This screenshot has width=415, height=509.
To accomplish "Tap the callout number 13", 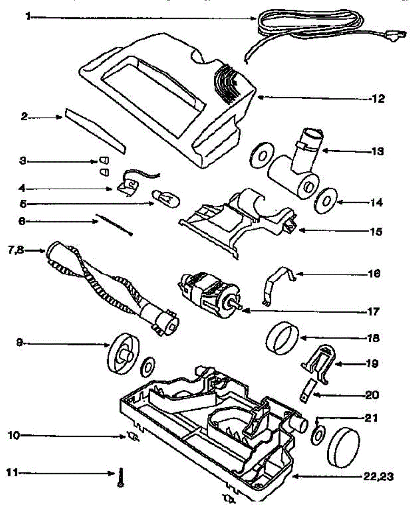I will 376,151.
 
